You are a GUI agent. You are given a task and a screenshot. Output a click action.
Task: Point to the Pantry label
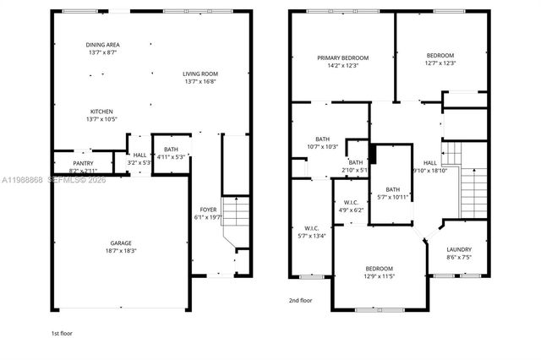83,166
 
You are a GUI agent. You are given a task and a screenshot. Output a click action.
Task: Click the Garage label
122,246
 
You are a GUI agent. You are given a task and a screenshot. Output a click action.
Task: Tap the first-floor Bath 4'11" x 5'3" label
171,153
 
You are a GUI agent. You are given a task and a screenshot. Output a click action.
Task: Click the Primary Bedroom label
342,62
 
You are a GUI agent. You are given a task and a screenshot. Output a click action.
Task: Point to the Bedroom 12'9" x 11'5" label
379,272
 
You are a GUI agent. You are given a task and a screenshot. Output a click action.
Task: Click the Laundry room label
459,254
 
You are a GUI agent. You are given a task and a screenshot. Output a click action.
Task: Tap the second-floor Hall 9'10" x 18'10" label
430,166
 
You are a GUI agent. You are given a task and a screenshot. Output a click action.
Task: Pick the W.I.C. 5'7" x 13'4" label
311,232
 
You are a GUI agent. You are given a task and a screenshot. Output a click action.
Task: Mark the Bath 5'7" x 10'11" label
392,193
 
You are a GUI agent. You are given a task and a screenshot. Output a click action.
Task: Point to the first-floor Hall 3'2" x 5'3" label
139,159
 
